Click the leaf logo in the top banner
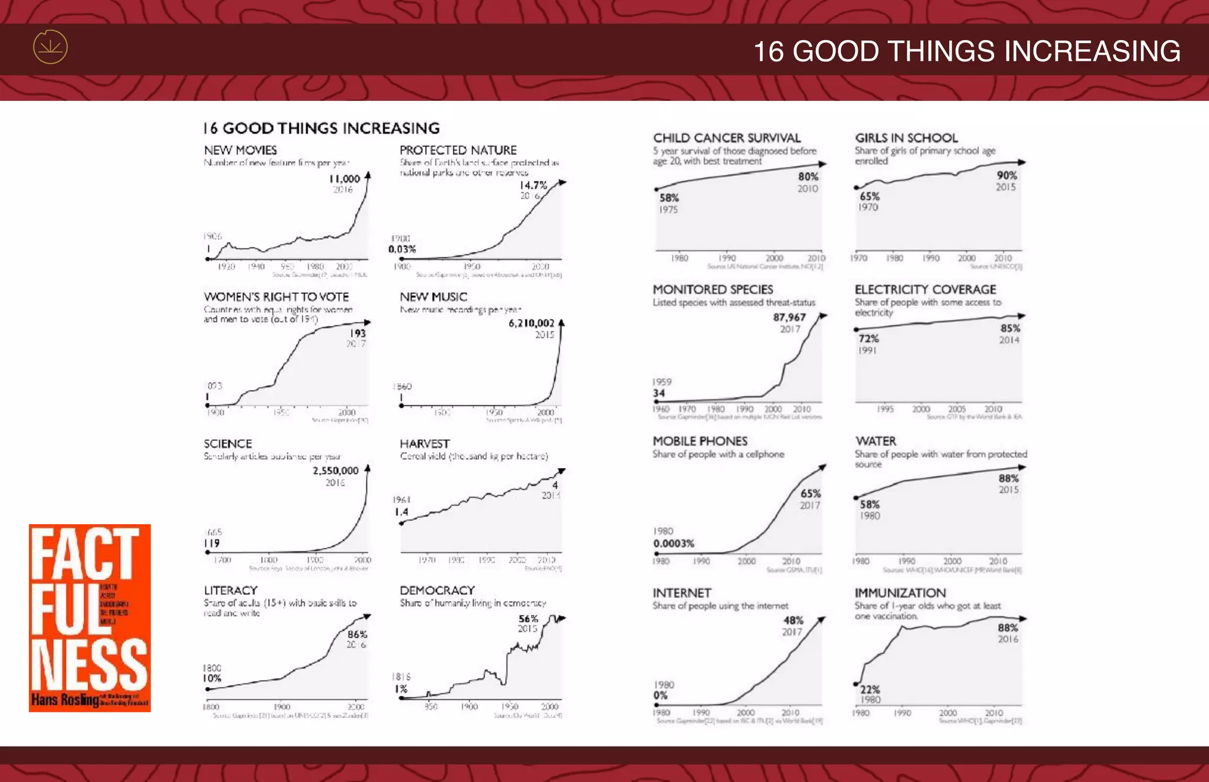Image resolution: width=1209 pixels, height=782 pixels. pyautogui.click(x=50, y=47)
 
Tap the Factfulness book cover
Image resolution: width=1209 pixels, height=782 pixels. pyautogui.click(x=90, y=617)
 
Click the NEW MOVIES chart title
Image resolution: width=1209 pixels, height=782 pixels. pyautogui.click(x=240, y=150)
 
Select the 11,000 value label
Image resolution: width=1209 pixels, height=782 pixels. pyautogui.click(x=344, y=179)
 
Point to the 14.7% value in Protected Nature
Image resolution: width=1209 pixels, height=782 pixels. pyautogui.click(x=533, y=185)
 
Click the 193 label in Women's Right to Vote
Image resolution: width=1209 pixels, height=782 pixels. pyautogui.click(x=358, y=333)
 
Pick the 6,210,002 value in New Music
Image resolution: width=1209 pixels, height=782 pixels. pyautogui.click(x=531, y=323)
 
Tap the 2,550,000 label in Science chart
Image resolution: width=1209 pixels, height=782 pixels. pyautogui.click(x=335, y=471)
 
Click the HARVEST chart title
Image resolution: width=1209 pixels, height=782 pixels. pyautogui.click(x=424, y=444)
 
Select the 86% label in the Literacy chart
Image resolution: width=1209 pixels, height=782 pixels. pyautogui.click(x=357, y=634)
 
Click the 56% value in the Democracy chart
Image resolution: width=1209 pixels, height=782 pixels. pyautogui.click(x=528, y=619)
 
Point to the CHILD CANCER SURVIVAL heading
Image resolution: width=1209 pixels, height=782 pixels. pyautogui.click(x=727, y=138)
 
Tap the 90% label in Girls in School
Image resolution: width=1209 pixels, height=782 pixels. pyautogui.click(x=1007, y=175)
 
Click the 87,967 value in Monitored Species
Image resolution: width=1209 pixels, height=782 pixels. pyautogui.click(x=789, y=318)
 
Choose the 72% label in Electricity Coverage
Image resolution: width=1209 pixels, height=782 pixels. pyautogui.click(x=868, y=339)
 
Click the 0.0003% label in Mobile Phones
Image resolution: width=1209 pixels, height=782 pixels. pyautogui.click(x=674, y=544)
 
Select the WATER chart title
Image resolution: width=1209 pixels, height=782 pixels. pyautogui.click(x=875, y=441)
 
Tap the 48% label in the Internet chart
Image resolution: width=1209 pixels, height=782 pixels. pyautogui.click(x=793, y=620)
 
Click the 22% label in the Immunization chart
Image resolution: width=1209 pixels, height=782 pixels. pyautogui.click(x=870, y=689)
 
